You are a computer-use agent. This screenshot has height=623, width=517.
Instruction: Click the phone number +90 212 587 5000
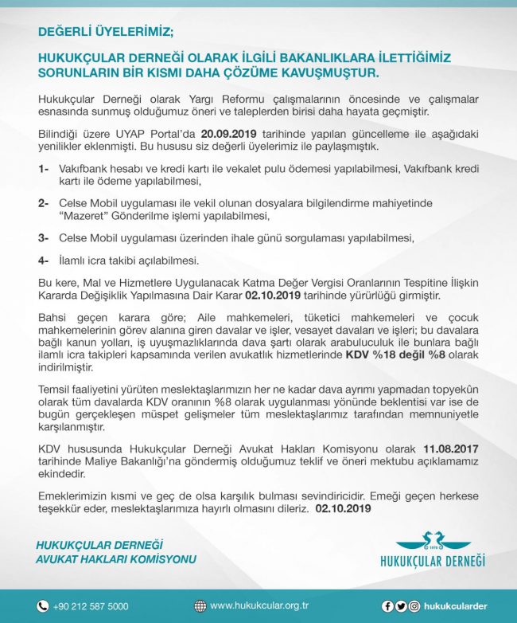click(91, 606)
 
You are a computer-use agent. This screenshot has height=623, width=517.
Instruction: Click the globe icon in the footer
click(200, 605)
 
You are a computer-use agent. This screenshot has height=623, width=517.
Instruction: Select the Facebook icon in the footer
click(387, 606)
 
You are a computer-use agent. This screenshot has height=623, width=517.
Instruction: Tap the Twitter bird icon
click(401, 606)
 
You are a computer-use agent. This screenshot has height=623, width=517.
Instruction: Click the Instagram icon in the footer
click(414, 606)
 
